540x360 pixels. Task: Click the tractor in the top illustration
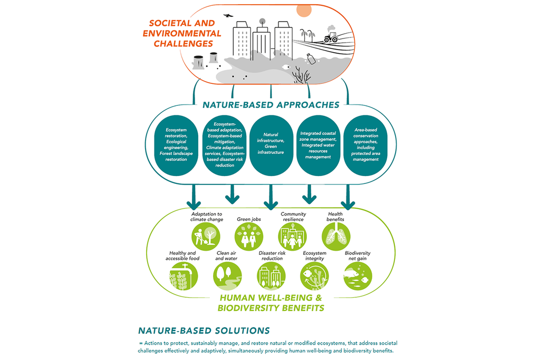coord(331,37)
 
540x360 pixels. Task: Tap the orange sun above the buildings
coord(304,10)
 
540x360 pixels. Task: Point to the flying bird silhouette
coord(228,16)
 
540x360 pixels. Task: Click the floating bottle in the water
coord(311,58)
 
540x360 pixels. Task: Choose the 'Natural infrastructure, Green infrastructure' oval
coord(271,144)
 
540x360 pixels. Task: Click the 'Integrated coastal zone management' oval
coord(316,144)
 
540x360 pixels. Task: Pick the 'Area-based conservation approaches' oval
coord(362,144)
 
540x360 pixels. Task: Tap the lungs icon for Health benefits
coord(333,237)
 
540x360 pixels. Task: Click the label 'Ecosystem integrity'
coord(314,256)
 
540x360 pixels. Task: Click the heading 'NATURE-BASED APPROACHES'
coord(271,105)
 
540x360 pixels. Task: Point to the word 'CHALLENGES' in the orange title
coord(180,43)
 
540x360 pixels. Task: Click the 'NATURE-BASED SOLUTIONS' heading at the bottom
coord(204,330)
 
